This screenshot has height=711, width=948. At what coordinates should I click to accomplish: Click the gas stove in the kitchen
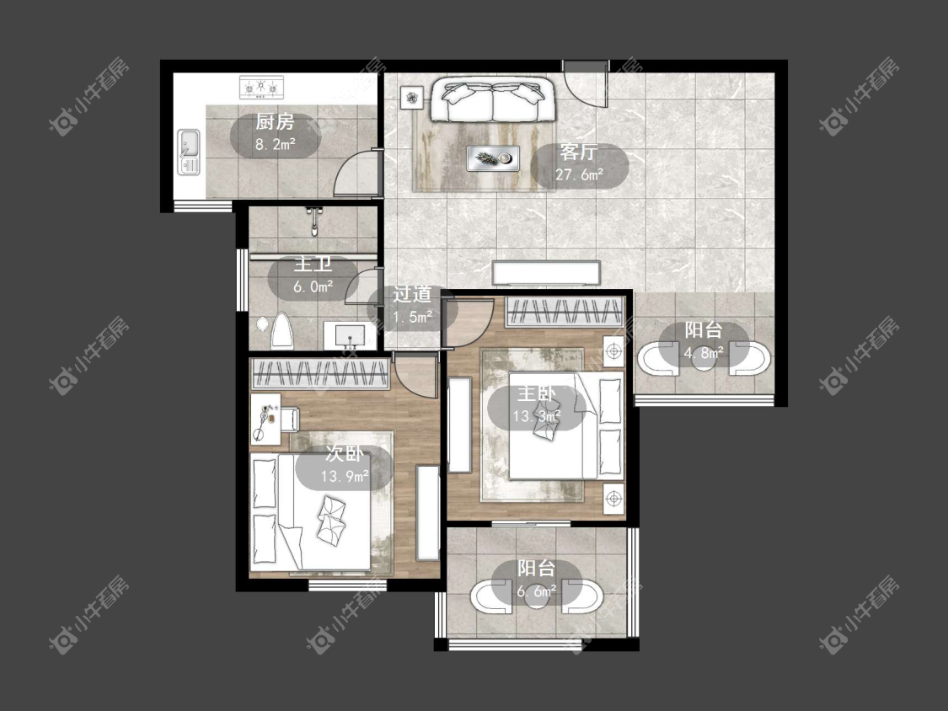click(262, 87)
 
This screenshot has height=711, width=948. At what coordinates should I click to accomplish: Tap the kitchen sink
click(189, 152)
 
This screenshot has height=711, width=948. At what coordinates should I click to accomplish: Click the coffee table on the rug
click(493, 158)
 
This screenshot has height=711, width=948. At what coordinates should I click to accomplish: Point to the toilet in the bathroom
click(281, 331)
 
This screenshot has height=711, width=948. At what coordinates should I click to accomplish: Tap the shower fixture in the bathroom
click(313, 221)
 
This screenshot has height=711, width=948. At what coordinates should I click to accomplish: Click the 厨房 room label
click(275, 122)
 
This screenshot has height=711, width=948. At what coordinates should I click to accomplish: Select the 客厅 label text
click(579, 151)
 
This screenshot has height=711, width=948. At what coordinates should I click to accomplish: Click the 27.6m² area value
click(579, 174)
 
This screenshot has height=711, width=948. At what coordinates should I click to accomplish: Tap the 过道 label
click(412, 295)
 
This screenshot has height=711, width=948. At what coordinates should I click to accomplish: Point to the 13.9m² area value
click(344, 477)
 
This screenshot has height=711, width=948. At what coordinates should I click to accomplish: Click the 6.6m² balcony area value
click(536, 591)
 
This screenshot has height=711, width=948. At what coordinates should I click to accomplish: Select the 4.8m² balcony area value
click(704, 352)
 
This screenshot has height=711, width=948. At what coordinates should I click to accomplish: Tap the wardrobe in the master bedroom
click(565, 312)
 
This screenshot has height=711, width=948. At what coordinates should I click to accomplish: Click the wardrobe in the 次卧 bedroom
click(320, 373)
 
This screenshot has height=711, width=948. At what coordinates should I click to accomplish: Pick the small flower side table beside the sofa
click(412, 98)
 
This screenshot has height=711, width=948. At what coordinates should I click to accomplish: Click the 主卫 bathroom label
click(313, 265)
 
